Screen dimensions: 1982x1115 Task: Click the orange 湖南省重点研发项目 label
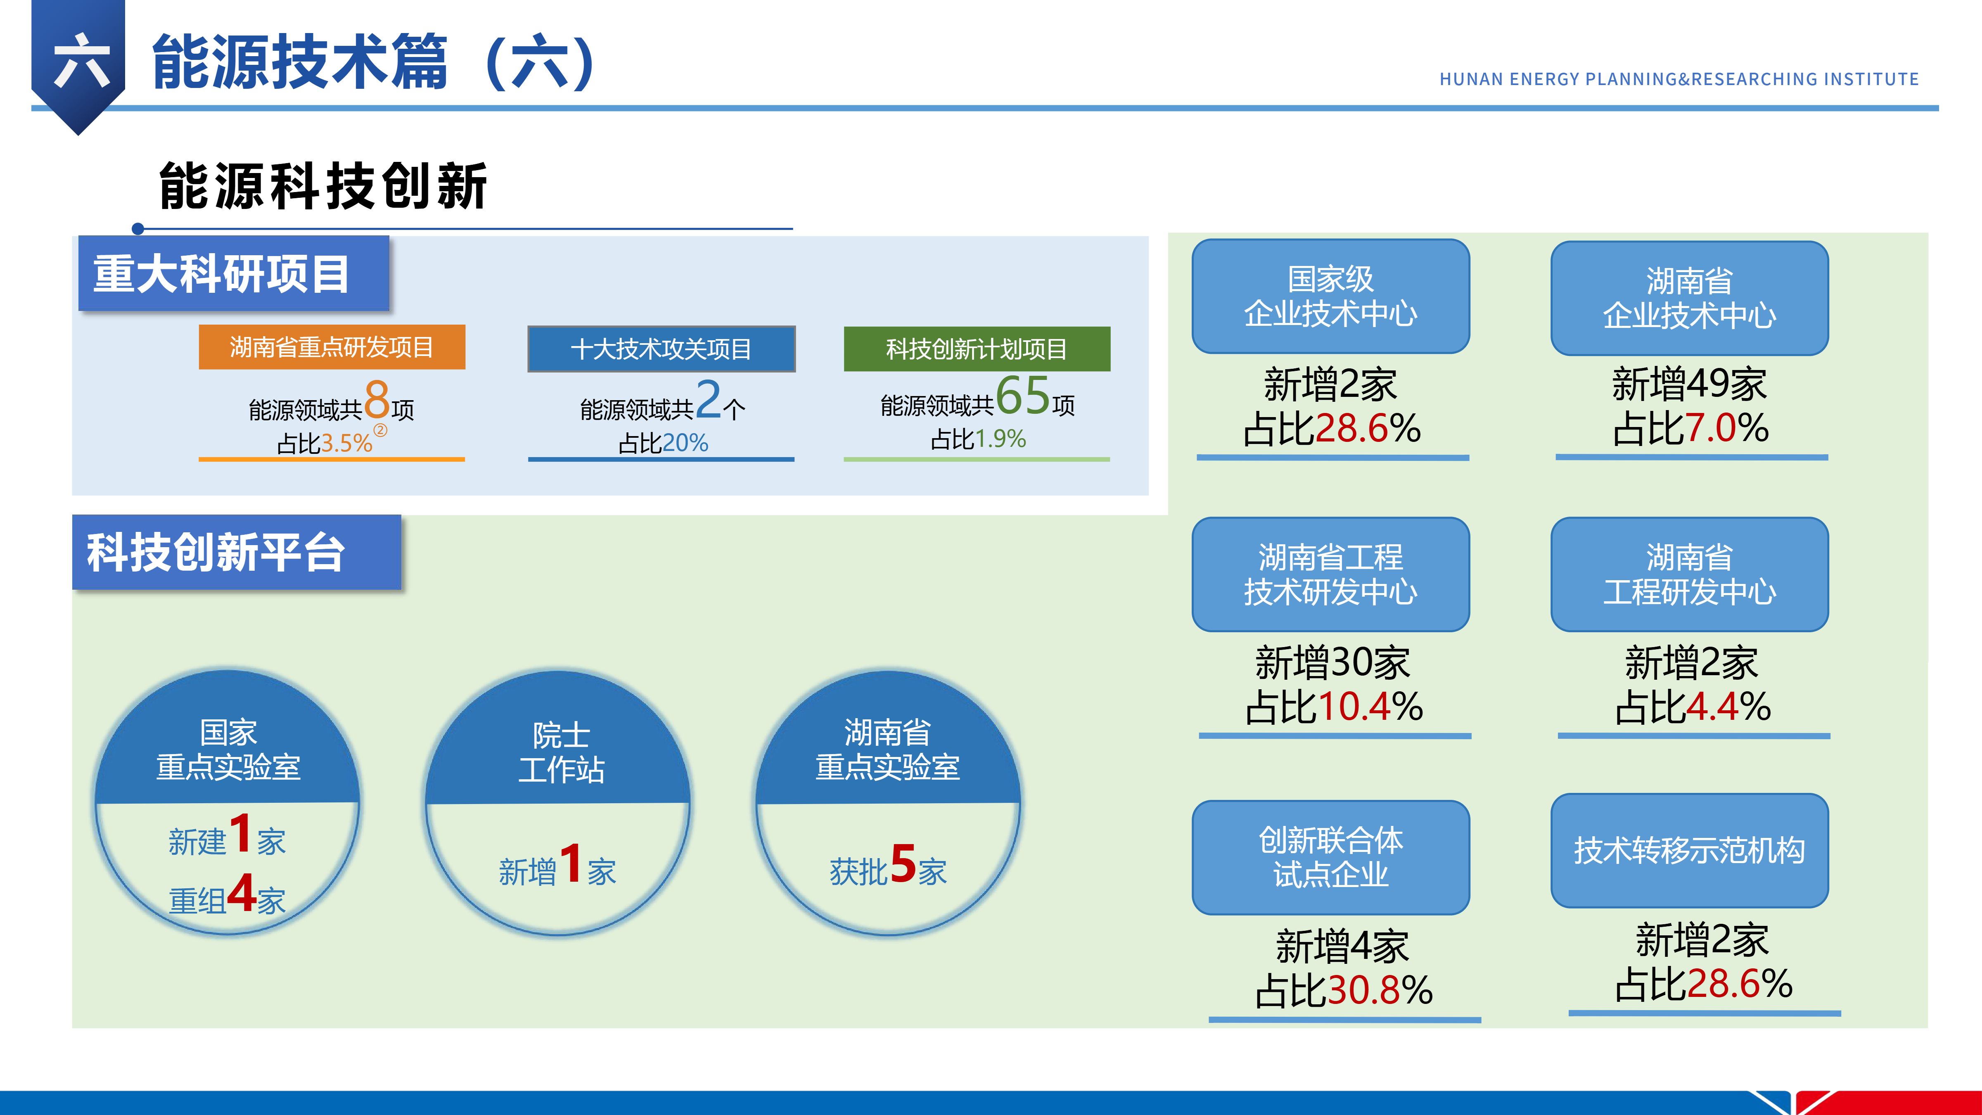(x=332, y=347)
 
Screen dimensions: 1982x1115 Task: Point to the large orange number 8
(x=377, y=399)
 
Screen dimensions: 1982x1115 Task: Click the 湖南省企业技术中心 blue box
(x=1690, y=298)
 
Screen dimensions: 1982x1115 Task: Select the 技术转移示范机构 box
(x=1690, y=850)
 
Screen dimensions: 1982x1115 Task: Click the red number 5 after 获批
(x=903, y=864)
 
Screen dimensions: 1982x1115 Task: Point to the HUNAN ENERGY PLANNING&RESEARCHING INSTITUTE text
(x=1679, y=79)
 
